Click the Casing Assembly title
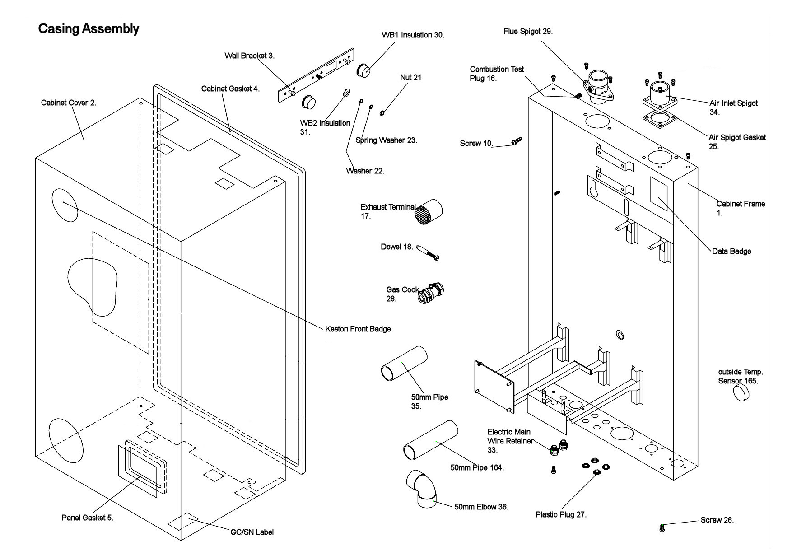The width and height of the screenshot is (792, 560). [x=89, y=29]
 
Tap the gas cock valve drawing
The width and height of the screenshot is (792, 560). [x=431, y=293]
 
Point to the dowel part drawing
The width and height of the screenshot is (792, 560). [x=428, y=252]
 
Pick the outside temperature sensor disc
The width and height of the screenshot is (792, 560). [x=741, y=393]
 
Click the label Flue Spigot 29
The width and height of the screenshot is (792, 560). [x=528, y=32]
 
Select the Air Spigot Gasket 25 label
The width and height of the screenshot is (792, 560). [x=736, y=142]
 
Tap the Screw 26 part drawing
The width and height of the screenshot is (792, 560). [x=662, y=527]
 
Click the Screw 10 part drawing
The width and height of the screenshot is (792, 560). [x=517, y=141]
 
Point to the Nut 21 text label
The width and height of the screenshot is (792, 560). [x=410, y=78]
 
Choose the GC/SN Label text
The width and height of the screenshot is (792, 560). [x=252, y=532]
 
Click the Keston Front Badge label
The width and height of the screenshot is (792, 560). [x=358, y=329]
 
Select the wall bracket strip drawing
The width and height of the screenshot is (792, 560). [x=315, y=75]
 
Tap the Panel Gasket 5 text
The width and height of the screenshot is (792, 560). [x=87, y=518]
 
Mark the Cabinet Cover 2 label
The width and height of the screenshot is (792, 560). [x=69, y=103]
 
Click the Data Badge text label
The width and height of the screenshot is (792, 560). [x=731, y=252]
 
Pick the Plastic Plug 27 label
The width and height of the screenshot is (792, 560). [x=561, y=515]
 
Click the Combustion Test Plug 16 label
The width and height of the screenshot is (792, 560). [x=496, y=74]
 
